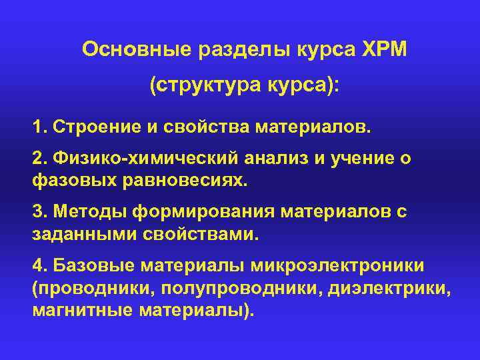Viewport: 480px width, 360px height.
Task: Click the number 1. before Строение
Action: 39,127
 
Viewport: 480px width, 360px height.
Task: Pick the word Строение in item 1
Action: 87,127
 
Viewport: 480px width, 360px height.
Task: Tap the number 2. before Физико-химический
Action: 39,157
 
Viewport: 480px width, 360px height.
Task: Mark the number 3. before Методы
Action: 39,212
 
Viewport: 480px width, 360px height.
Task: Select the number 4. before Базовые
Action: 39,267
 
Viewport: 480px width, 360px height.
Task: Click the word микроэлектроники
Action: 347,267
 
